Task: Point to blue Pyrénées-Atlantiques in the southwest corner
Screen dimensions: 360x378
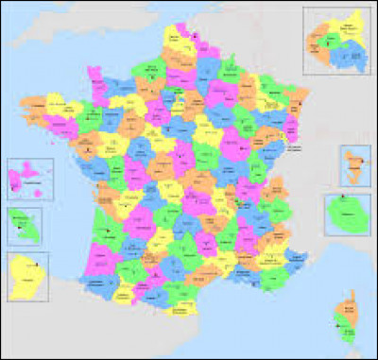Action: pyautogui.click(x=99, y=283)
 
